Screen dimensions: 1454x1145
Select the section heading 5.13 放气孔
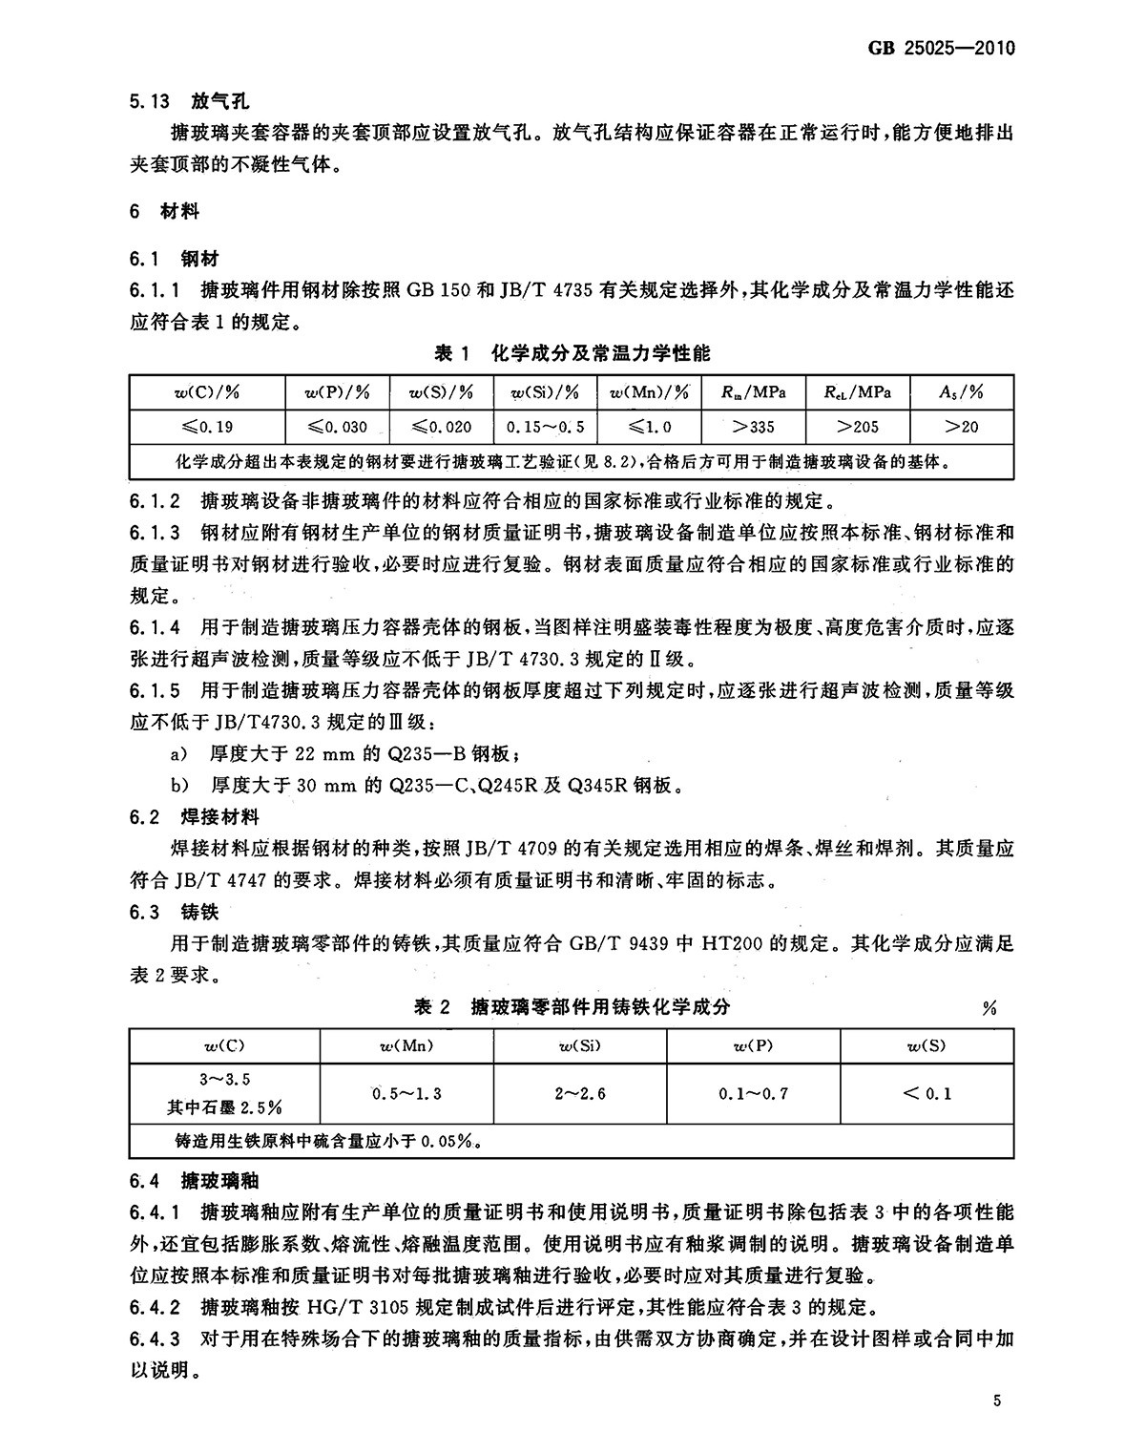[x=189, y=102]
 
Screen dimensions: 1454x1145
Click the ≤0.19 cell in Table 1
[x=207, y=427]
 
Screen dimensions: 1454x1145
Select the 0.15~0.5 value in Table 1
[x=546, y=427]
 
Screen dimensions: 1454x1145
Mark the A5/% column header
[x=961, y=393]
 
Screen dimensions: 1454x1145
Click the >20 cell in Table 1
[x=961, y=427]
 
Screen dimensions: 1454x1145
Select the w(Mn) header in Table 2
[x=406, y=1045]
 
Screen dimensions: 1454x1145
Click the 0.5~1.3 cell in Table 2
[x=406, y=1093]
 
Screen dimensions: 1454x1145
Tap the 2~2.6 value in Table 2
[x=580, y=1093]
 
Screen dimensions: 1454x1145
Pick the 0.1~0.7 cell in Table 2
[x=754, y=1093]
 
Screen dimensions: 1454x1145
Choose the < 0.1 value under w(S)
[x=926, y=1093]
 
